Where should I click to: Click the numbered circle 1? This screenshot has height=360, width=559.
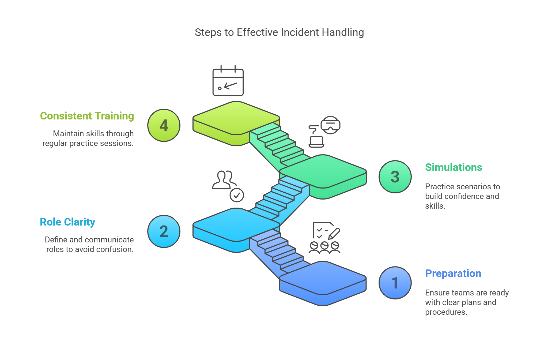[x=395, y=283]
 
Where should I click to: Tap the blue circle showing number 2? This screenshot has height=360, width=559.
[x=164, y=231]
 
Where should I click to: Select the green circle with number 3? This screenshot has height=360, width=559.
[x=395, y=177]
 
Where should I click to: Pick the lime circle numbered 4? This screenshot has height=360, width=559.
[x=164, y=125]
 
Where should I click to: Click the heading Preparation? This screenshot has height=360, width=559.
[x=453, y=273]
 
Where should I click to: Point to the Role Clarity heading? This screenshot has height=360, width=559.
[x=67, y=222]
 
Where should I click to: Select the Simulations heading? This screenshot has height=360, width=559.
[x=454, y=167]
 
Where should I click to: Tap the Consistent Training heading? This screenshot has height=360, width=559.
[x=87, y=116]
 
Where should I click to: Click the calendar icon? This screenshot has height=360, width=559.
[x=228, y=81]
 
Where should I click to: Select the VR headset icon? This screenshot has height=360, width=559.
[x=330, y=125]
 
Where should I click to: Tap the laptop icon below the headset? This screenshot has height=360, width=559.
[x=316, y=141]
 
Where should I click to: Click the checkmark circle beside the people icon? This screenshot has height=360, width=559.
[x=237, y=195]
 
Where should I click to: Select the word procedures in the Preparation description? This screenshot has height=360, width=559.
[x=446, y=312]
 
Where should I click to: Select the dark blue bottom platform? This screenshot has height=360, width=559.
[x=323, y=279]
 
